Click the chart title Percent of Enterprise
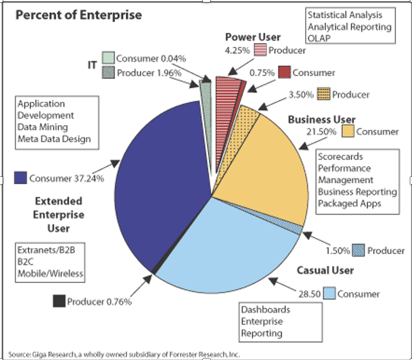79,14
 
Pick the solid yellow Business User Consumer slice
264,163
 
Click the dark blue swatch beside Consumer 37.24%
20,177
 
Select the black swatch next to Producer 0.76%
59,301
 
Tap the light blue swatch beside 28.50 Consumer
329,293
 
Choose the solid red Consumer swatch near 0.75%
284,72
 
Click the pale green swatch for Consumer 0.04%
107,57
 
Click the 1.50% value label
338,250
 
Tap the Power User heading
253,37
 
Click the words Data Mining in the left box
43,127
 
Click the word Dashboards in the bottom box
266,310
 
